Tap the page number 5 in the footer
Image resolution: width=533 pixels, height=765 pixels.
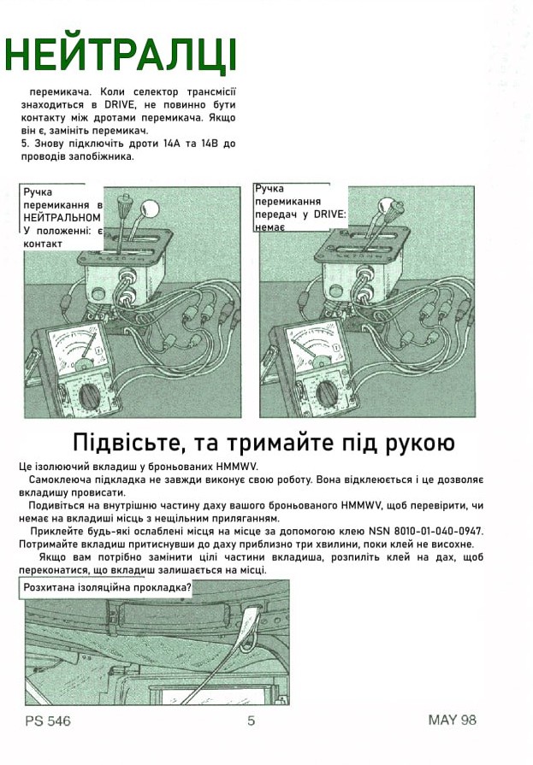tap(252, 720)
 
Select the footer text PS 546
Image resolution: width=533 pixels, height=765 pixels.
tap(48, 721)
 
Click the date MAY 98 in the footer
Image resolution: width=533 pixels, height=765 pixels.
tap(452, 720)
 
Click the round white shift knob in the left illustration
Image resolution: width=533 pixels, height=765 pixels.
tap(150, 209)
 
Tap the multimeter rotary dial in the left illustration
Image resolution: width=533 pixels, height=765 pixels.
tap(90, 394)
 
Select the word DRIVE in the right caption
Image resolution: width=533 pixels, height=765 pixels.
tap(329, 214)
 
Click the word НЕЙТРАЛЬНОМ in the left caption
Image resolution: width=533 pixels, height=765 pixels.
tap(62, 218)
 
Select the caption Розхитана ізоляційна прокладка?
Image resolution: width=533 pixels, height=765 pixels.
tap(108, 587)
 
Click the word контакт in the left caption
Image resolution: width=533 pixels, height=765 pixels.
tap(43, 244)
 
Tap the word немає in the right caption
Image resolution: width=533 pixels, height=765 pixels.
tap(269, 227)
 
